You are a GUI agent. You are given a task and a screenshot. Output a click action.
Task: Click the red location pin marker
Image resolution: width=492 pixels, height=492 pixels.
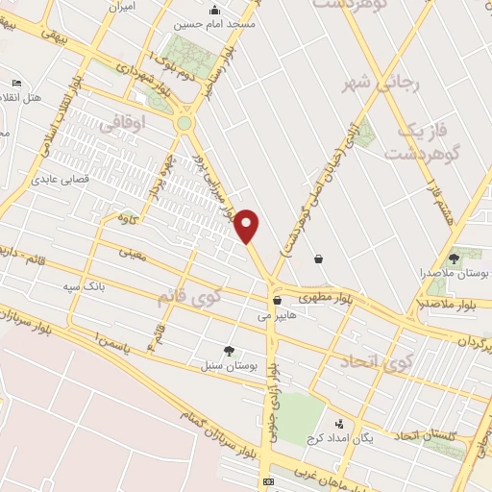point(248,226)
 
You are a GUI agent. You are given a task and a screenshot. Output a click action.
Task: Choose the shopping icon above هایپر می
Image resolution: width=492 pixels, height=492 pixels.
point(277,300)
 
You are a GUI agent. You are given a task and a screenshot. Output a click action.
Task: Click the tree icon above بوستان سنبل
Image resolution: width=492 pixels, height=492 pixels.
point(228,350)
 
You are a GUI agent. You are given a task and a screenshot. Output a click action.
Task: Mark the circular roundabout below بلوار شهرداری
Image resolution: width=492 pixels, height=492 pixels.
point(184,123)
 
